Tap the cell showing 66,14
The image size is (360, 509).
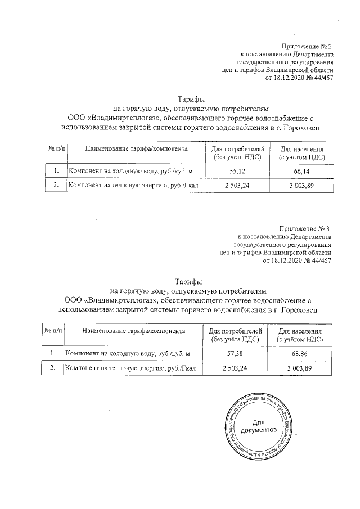pyautogui.click(x=303, y=170)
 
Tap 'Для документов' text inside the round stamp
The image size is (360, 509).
pyautogui.click(x=258, y=426)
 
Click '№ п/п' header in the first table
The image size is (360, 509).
pyautogui.click(x=56, y=148)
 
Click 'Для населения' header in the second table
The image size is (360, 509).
pyautogui.click(x=300, y=331)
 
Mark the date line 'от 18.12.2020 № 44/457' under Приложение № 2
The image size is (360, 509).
pyautogui.click(x=298, y=78)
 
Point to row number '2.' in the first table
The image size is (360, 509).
pyautogui.click(x=56, y=184)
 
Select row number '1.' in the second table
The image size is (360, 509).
pyautogui.click(x=53, y=353)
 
